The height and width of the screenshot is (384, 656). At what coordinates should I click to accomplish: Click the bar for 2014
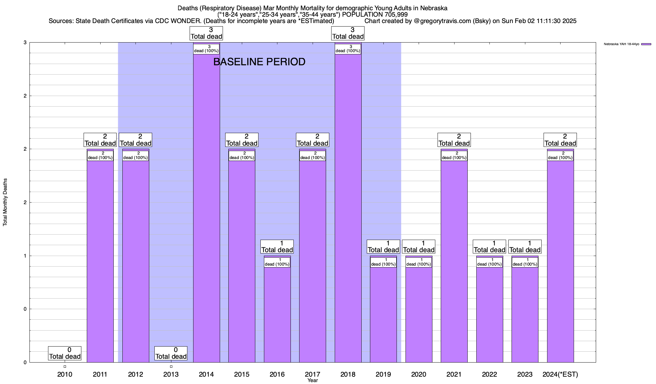[206, 208]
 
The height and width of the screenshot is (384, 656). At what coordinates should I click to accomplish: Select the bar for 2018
[348, 208]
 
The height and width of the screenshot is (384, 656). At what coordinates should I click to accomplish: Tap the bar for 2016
[277, 314]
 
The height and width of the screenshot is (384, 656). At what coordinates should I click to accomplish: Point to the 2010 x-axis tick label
[65, 374]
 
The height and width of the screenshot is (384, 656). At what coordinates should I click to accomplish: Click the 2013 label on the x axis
[171, 374]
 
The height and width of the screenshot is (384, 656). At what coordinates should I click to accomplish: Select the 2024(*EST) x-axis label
[560, 374]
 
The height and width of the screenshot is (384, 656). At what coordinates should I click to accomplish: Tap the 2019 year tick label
[383, 374]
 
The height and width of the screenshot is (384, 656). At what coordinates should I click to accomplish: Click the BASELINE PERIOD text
[259, 62]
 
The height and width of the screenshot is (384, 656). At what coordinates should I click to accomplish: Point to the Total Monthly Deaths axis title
[5, 202]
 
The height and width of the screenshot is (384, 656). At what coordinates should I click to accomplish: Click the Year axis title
[312, 380]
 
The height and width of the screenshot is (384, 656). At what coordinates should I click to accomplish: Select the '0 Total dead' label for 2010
[65, 353]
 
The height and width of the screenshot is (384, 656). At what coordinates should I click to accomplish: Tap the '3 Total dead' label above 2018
[348, 33]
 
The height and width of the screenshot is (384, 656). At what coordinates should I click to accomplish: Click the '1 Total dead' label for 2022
[489, 247]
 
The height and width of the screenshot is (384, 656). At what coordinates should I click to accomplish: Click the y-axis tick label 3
[25, 43]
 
